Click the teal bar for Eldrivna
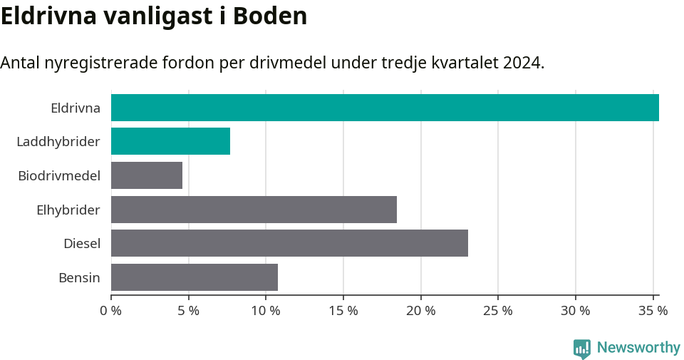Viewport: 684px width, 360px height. point(385,108)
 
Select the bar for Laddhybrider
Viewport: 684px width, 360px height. point(170,141)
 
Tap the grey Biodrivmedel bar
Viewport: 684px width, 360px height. point(147,175)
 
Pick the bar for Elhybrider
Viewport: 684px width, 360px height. point(254,210)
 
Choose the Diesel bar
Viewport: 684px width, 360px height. point(289,243)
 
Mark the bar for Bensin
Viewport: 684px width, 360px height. point(195,277)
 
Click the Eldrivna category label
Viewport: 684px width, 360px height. point(76,108)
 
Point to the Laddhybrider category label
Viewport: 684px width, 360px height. point(58,142)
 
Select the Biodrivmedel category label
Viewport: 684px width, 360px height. point(59,175)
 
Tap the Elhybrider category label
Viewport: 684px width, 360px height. point(68,210)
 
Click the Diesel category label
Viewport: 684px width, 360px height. point(82,244)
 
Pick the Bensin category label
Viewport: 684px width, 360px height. point(79,277)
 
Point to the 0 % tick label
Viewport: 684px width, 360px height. point(111,311)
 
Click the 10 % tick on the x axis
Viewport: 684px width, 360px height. point(266,311)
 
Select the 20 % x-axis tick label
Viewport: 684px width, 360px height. point(420,311)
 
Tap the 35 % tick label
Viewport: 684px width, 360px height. point(653,311)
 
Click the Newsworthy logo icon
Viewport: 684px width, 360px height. point(582,348)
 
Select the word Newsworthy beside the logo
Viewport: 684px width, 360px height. point(638,348)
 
